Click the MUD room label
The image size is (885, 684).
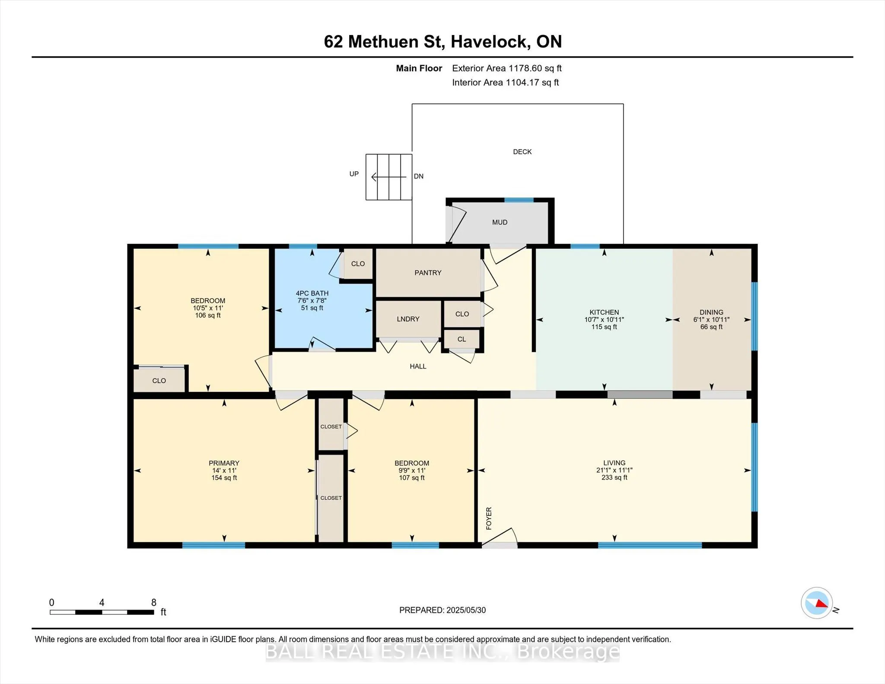(500, 222)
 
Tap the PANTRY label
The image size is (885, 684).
(428, 273)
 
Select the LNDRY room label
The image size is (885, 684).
(408, 319)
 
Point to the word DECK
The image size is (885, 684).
(522, 152)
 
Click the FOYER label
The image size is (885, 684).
(489, 518)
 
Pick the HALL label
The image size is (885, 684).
(418, 366)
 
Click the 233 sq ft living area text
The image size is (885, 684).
(614, 477)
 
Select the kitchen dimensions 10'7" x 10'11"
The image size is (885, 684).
(604, 320)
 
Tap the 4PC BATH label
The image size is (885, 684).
(312, 293)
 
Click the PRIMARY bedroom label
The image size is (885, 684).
(224, 463)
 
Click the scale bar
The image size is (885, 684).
(102, 612)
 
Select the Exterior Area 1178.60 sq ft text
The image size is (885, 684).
(507, 68)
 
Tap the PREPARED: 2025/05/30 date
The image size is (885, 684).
(442, 610)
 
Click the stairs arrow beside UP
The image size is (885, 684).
(389, 177)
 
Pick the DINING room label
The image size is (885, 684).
(711, 312)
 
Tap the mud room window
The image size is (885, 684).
(519, 200)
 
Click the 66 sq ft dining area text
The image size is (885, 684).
(711, 327)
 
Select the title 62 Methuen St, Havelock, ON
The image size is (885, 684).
(443, 41)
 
